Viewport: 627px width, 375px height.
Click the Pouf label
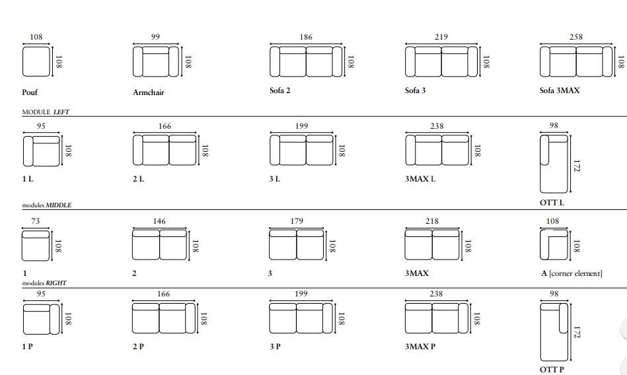coord(30,92)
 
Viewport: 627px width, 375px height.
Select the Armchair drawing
coord(156,61)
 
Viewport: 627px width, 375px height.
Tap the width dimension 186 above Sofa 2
coord(306,37)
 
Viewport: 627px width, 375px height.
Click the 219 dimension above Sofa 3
coord(441,37)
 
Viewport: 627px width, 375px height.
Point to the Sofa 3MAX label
coord(560,90)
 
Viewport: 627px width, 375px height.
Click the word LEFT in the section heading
coord(61,112)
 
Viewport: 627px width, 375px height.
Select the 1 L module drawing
coord(42,151)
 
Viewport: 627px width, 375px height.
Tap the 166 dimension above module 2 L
coord(165,126)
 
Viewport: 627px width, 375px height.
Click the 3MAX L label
coord(420,179)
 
